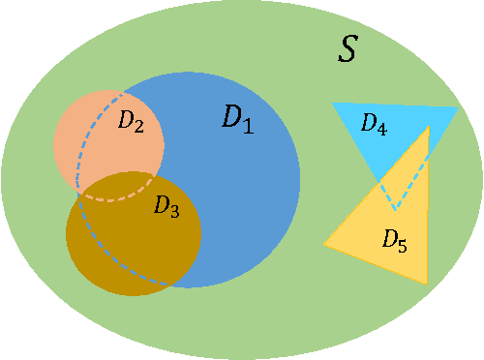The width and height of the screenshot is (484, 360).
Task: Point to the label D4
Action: (374, 124)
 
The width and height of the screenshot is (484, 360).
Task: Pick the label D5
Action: (394, 240)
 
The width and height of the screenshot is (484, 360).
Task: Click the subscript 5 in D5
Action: (402, 245)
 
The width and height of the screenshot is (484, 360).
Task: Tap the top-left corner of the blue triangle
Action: (332, 104)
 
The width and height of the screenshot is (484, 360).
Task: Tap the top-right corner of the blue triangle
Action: (458, 107)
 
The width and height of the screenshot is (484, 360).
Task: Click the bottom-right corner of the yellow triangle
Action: (427, 283)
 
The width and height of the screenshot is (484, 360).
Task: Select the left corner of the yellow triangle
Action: (324, 244)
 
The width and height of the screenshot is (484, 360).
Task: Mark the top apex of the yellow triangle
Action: (428, 126)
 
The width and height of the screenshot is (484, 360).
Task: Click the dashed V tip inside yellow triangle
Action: (394, 208)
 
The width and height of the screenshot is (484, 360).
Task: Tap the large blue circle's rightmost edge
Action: (300, 180)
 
